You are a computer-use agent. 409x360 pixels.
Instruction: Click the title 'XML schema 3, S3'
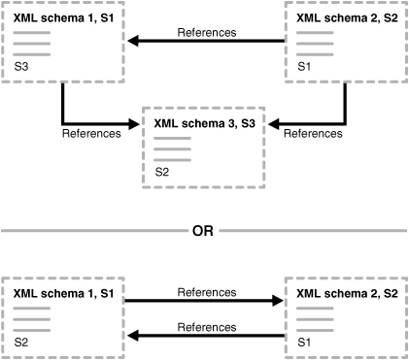pos(204,123)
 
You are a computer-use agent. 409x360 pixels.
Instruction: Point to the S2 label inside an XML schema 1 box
pos(21,343)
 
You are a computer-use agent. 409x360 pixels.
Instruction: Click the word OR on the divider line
pos(203,231)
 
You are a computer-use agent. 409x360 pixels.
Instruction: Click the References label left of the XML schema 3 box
pos(91,134)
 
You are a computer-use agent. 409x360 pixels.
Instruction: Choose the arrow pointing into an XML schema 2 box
pos(277,302)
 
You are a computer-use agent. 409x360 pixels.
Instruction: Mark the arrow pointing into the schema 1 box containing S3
pos(136,42)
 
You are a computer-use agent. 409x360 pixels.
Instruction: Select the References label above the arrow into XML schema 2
pos(206,291)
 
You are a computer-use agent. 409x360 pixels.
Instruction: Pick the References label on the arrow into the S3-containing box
pos(206,32)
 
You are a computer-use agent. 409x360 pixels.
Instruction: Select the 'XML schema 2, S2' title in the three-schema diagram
pos(346,17)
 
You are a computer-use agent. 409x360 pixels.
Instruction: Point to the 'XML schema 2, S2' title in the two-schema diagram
pos(346,293)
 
